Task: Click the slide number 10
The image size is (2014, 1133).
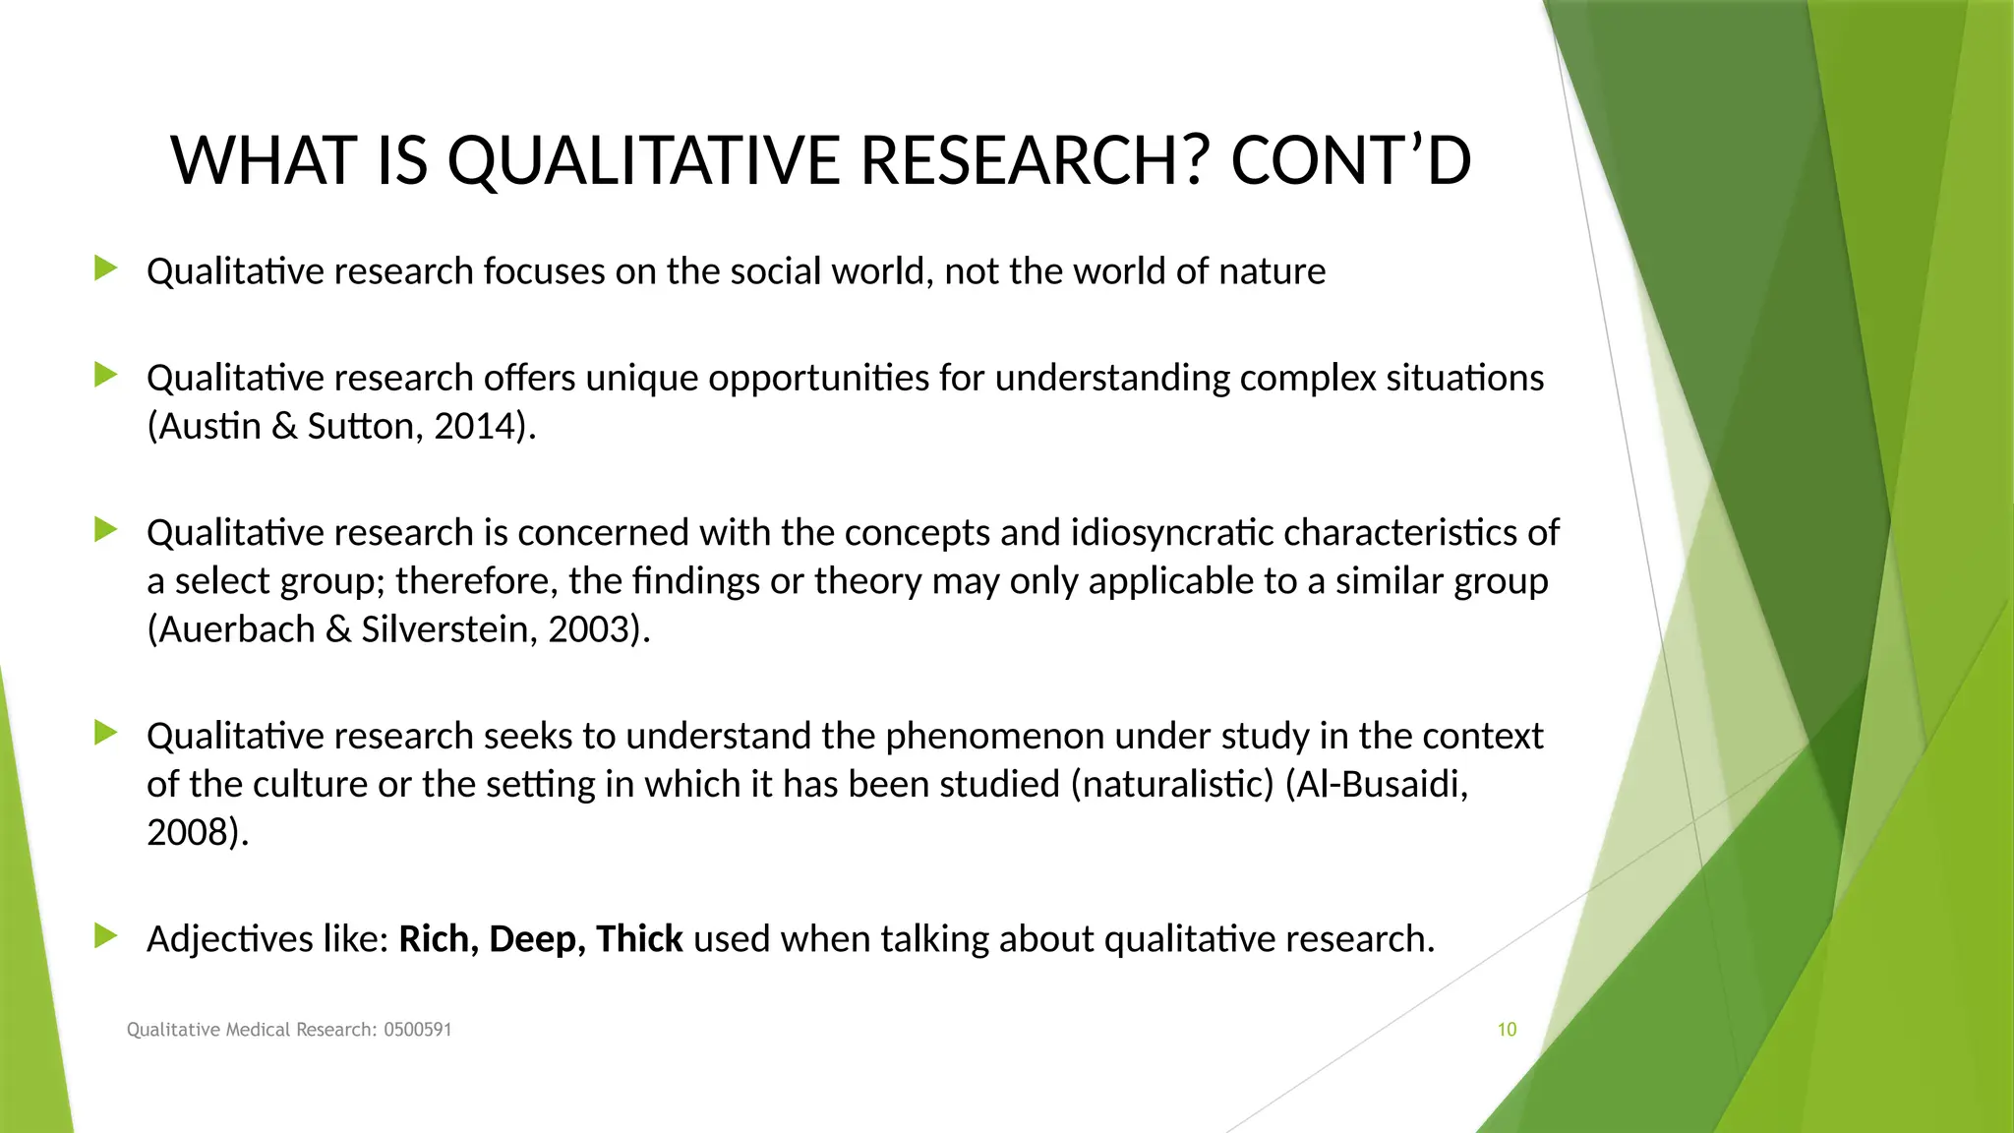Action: point(1507,1030)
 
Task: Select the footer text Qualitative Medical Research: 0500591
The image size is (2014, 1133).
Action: point(289,1030)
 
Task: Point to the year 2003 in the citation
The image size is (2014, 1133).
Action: point(589,629)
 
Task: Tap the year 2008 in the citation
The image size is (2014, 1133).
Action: point(187,833)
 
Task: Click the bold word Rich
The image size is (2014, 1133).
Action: point(434,939)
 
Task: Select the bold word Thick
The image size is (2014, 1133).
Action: point(639,939)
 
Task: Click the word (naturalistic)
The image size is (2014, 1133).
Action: point(1172,785)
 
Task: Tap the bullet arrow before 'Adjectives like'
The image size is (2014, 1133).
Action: point(106,936)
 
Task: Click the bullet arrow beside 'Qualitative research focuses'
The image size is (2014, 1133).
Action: point(106,268)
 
